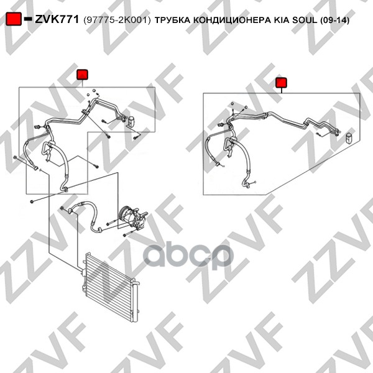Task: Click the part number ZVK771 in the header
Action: click(x=57, y=19)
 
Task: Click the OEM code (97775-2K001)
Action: click(x=117, y=21)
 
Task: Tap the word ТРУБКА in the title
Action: click(x=172, y=21)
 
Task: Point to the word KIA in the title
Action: click(x=282, y=21)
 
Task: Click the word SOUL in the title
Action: click(x=305, y=21)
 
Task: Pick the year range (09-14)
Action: click(x=334, y=21)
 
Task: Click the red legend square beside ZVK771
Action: click(x=14, y=19)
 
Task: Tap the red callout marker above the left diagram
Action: click(x=82, y=75)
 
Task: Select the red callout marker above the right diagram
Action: click(x=282, y=83)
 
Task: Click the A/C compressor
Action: click(x=133, y=218)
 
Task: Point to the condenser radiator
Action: click(x=111, y=287)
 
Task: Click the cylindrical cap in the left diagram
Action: click(x=131, y=121)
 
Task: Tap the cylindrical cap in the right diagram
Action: click(x=349, y=138)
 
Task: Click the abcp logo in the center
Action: click(x=188, y=256)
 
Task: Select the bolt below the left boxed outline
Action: click(x=32, y=202)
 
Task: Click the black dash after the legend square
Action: click(x=28, y=19)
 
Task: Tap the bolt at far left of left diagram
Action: click(x=16, y=157)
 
